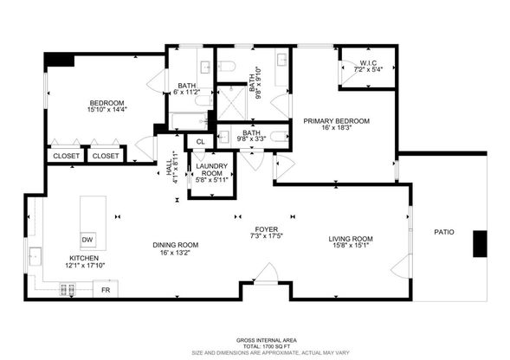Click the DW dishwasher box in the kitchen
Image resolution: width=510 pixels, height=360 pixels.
(87, 240)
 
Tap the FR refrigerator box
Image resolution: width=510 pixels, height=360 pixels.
(106, 289)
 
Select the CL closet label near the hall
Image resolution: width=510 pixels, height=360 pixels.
(201, 142)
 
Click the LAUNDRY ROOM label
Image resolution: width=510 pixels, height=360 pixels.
(212, 170)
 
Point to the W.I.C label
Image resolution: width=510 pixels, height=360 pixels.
(368, 63)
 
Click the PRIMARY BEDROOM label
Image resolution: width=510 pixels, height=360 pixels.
(336, 121)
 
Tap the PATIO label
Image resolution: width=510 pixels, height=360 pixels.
(444, 232)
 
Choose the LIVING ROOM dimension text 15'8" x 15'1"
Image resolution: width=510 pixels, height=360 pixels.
(351, 245)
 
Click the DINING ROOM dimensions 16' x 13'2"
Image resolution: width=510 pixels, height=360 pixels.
(175, 252)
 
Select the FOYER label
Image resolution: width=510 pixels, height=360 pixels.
(267, 229)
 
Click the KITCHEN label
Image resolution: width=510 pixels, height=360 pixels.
(85, 258)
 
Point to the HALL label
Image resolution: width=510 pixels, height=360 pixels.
(169, 168)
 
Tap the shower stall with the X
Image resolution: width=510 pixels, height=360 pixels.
(231, 102)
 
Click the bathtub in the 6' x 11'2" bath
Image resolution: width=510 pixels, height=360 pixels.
(189, 121)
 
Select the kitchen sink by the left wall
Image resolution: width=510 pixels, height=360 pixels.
(36, 256)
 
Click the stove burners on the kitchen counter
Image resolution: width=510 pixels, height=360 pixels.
(67, 289)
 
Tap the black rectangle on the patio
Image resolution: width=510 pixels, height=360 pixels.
(480, 243)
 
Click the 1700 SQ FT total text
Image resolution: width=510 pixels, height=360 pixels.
(267, 346)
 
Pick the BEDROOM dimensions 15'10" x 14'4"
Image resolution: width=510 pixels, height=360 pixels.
(107, 110)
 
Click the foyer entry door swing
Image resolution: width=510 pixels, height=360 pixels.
(267, 273)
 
